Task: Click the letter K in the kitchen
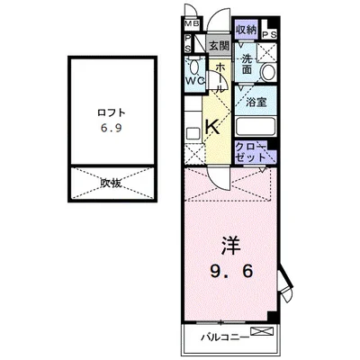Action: [213, 128]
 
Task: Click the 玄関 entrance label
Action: [218, 46]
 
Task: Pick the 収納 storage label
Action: [246, 29]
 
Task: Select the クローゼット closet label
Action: [251, 150]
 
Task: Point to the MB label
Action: [192, 24]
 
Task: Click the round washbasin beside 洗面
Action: [267, 73]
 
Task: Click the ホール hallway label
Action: [219, 77]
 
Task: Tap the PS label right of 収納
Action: [270, 32]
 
